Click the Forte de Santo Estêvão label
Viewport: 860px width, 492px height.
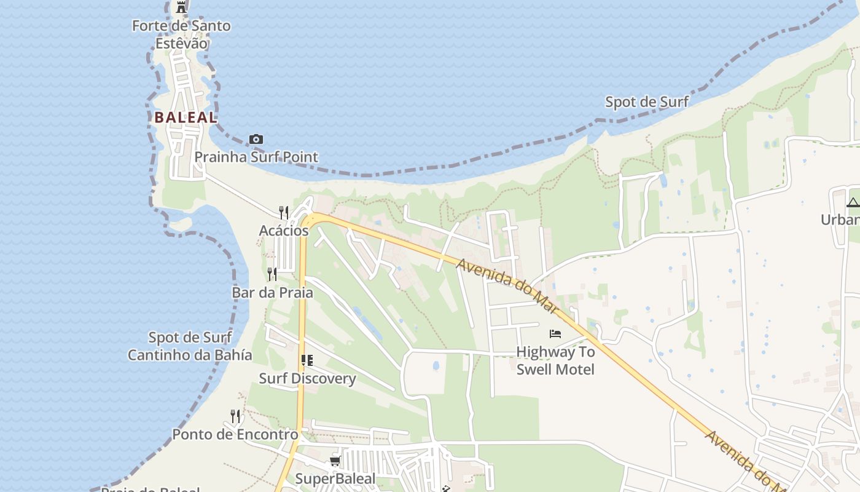[181, 34]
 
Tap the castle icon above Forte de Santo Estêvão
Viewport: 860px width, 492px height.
[181, 7]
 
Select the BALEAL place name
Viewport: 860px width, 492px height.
[186, 117]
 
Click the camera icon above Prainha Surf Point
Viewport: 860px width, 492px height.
[256, 140]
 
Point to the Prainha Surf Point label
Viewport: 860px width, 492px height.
[256, 157]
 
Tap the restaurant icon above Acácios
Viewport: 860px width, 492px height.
[284, 213]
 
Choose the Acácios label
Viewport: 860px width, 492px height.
[284, 231]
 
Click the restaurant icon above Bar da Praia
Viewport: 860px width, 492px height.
[272, 274]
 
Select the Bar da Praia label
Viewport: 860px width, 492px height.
[272, 292]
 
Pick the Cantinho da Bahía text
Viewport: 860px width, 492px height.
[190, 355]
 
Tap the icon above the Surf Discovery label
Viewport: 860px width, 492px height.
[307, 360]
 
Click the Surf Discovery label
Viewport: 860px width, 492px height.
[307, 378]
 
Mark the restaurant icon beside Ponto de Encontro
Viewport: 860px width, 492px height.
[235, 416]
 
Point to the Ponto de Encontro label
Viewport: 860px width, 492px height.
[235, 434]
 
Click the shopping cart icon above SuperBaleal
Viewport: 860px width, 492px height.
[335, 461]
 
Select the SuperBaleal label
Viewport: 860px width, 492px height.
[335, 478]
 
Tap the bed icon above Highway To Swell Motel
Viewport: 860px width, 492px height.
[555, 334]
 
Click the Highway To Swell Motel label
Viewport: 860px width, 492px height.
[555, 360]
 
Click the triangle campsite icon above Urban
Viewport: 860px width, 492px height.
[853, 202]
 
